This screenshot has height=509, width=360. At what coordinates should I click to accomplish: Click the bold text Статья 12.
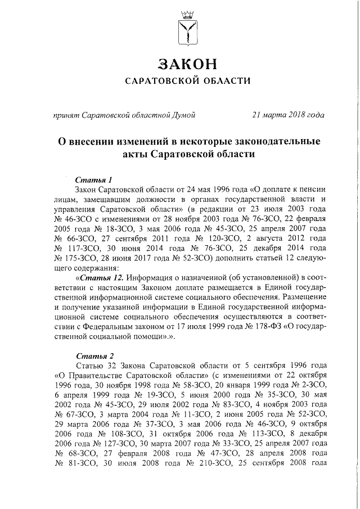[100, 278]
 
